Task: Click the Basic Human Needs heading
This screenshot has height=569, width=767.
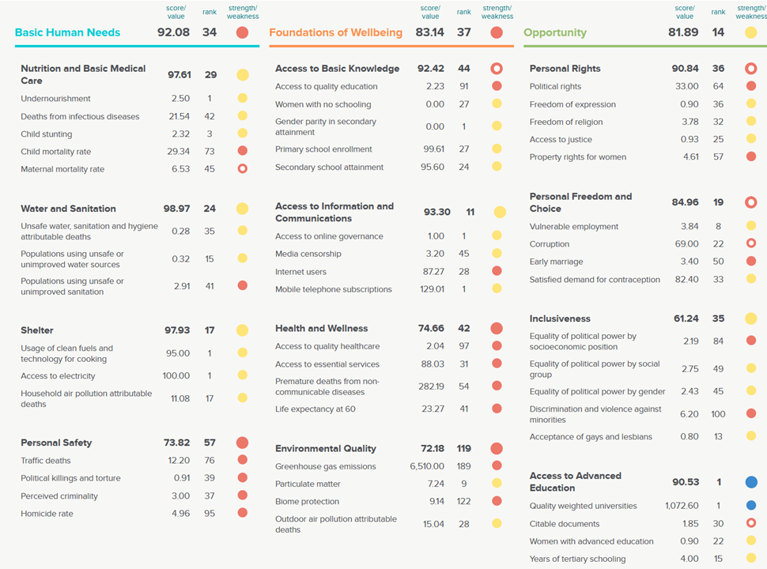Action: (67, 32)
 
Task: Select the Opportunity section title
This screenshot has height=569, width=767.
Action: (555, 32)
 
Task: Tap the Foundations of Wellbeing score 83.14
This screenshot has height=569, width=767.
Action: (430, 32)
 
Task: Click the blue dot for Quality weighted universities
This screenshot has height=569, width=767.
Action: (751, 506)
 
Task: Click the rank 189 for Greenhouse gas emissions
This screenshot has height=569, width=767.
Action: (464, 466)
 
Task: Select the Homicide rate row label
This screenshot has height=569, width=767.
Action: (47, 514)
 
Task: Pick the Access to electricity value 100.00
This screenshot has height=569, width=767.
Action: (176, 376)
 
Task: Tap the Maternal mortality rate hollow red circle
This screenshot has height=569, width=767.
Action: (243, 169)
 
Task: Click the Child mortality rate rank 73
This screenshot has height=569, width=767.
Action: (210, 152)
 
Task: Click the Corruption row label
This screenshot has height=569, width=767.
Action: (550, 244)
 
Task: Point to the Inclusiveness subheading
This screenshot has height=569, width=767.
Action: (560, 318)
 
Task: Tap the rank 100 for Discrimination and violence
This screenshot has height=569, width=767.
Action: (718, 414)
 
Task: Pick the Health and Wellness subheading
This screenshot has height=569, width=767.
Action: (321, 328)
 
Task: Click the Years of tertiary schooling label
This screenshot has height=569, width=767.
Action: (577, 559)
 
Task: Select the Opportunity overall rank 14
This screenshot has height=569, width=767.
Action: (718, 32)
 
